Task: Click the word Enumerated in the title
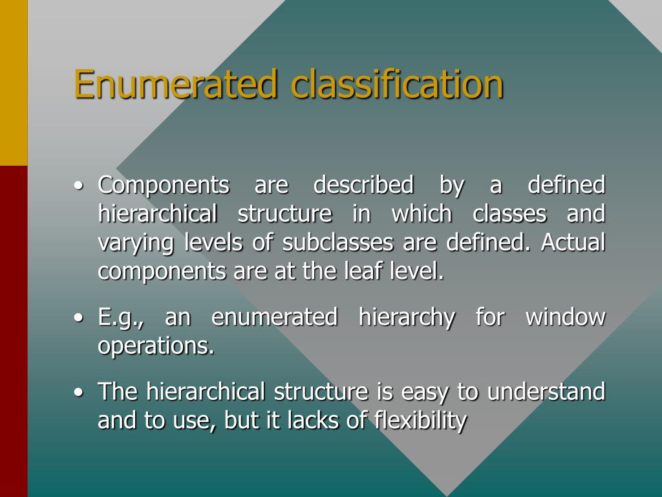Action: [x=176, y=84]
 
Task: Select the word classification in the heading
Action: [x=396, y=84]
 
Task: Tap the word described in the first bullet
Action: [x=363, y=186]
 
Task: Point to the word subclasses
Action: [x=338, y=243]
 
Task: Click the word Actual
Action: [x=573, y=243]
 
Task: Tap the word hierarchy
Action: [x=407, y=318]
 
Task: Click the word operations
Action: [x=156, y=347]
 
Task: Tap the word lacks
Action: [x=301, y=421]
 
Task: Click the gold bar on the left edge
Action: [x=14, y=82]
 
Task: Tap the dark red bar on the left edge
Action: [x=14, y=331]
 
